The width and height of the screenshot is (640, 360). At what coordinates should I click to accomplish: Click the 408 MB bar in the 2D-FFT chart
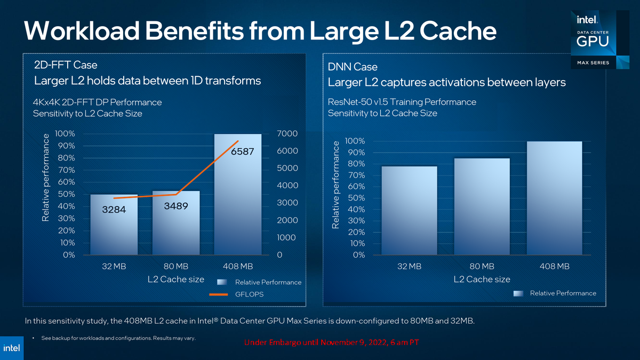coord(238,194)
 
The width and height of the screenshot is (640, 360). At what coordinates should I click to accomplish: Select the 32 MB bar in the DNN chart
coord(409,211)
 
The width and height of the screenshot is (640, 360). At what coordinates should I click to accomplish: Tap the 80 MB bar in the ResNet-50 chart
coord(482,206)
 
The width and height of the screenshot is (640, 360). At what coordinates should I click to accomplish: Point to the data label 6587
coord(242,151)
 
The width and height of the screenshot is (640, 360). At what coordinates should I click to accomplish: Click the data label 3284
coord(114,210)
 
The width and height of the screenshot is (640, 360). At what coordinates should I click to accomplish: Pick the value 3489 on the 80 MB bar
coord(176,206)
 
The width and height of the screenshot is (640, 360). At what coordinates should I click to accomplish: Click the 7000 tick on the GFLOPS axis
coord(287,133)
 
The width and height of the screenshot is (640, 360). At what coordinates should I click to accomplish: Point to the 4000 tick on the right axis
coord(287,186)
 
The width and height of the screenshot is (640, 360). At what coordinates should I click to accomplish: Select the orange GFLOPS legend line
coord(219,294)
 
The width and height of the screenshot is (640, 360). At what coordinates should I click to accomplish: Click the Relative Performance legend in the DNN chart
coord(555,293)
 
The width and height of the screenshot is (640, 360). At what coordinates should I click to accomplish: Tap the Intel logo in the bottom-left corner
coord(12,348)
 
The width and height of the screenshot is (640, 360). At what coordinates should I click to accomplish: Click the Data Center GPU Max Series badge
coord(600,39)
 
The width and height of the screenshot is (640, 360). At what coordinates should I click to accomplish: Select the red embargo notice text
coord(331,342)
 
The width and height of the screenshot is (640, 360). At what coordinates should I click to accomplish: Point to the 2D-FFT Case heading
coord(66,65)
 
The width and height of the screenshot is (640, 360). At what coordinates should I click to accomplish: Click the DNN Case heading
coord(353,67)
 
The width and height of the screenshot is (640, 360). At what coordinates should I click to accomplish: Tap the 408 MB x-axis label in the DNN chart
coord(554,266)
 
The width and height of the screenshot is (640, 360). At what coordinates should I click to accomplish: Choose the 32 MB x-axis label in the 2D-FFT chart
coord(114,266)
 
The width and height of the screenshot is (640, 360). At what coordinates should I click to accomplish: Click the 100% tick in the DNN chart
coord(355,141)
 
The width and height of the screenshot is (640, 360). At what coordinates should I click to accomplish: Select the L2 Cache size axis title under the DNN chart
coord(482,279)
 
